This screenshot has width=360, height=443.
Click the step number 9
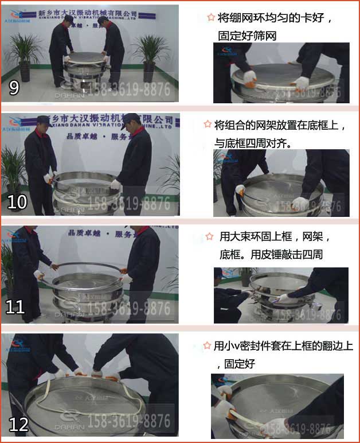[x=14, y=87]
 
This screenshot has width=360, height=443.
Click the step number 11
[x=15, y=308]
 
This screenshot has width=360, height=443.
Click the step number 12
[x=19, y=424]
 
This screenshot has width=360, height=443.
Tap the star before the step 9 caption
[x=211, y=17]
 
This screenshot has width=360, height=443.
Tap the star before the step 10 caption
[x=208, y=124]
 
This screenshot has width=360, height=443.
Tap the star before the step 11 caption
[x=210, y=236]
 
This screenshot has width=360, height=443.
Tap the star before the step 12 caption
[x=207, y=345]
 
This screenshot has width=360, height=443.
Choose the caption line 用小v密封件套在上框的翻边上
[x=283, y=346]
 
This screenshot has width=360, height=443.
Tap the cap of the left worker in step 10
[x=44, y=120]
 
